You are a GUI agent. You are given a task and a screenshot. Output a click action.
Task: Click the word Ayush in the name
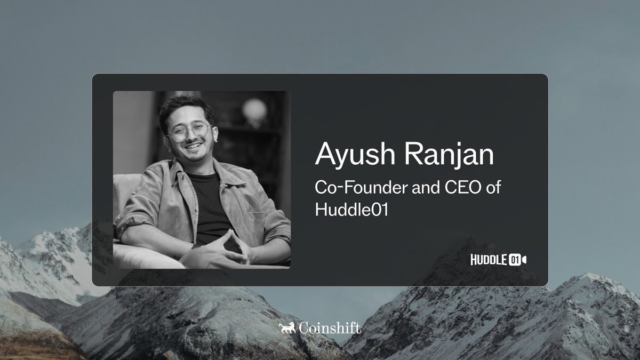(x=355, y=154)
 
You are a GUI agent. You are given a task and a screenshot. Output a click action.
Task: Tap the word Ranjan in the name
(x=450, y=154)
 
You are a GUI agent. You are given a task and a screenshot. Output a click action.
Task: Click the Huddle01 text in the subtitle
(x=351, y=210)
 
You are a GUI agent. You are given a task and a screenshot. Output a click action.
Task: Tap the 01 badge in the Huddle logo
(x=514, y=260)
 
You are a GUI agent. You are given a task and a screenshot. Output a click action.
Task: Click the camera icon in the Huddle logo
(x=524, y=260)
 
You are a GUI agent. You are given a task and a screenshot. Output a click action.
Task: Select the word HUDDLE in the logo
(x=489, y=260)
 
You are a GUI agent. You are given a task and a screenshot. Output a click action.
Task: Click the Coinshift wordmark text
(x=330, y=327)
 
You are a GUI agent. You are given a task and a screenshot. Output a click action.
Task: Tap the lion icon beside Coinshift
(x=287, y=327)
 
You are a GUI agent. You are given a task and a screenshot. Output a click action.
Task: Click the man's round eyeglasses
(x=189, y=131)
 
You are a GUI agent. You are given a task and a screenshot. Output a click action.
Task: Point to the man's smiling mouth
(x=194, y=146)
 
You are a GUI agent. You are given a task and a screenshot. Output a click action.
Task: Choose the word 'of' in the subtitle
(x=493, y=187)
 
